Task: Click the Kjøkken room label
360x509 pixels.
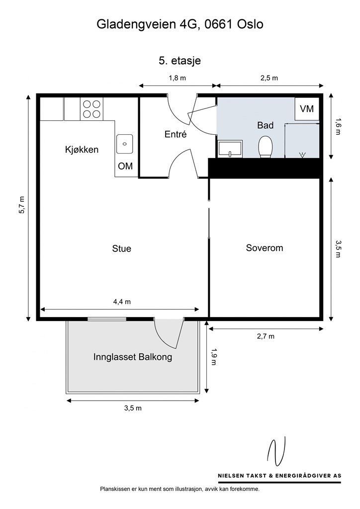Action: pos(82,150)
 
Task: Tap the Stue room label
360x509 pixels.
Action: pos(121,248)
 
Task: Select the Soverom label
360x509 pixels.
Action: pos(264,248)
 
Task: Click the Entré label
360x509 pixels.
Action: pos(175,134)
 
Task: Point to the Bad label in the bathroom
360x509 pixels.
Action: pos(265,126)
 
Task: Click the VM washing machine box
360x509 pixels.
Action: pos(307,108)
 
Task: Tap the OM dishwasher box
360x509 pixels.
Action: pos(125,166)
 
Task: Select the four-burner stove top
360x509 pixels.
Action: pos(91,109)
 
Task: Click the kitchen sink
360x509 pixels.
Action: pos(125,144)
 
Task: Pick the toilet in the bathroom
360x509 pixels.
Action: pos(266,147)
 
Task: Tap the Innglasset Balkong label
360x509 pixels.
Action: pos(133,357)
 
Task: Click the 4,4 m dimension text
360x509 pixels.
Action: pos(122,301)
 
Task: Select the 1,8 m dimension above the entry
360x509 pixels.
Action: pos(177,78)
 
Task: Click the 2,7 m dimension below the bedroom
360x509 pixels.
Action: pos(266,336)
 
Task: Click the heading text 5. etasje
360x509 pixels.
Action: pos(180,61)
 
